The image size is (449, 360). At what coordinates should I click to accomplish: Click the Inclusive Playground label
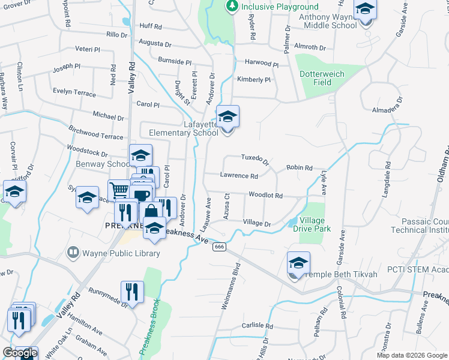280,7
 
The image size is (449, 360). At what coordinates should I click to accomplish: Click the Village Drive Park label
315,225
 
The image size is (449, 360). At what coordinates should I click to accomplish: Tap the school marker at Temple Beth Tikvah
298,263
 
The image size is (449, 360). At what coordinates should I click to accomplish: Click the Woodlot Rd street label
265,195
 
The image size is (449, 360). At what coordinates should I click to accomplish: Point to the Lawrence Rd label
238,176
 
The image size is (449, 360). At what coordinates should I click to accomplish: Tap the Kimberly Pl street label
254,79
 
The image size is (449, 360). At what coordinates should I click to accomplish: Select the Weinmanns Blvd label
231,286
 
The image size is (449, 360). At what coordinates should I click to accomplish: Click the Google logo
20,353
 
